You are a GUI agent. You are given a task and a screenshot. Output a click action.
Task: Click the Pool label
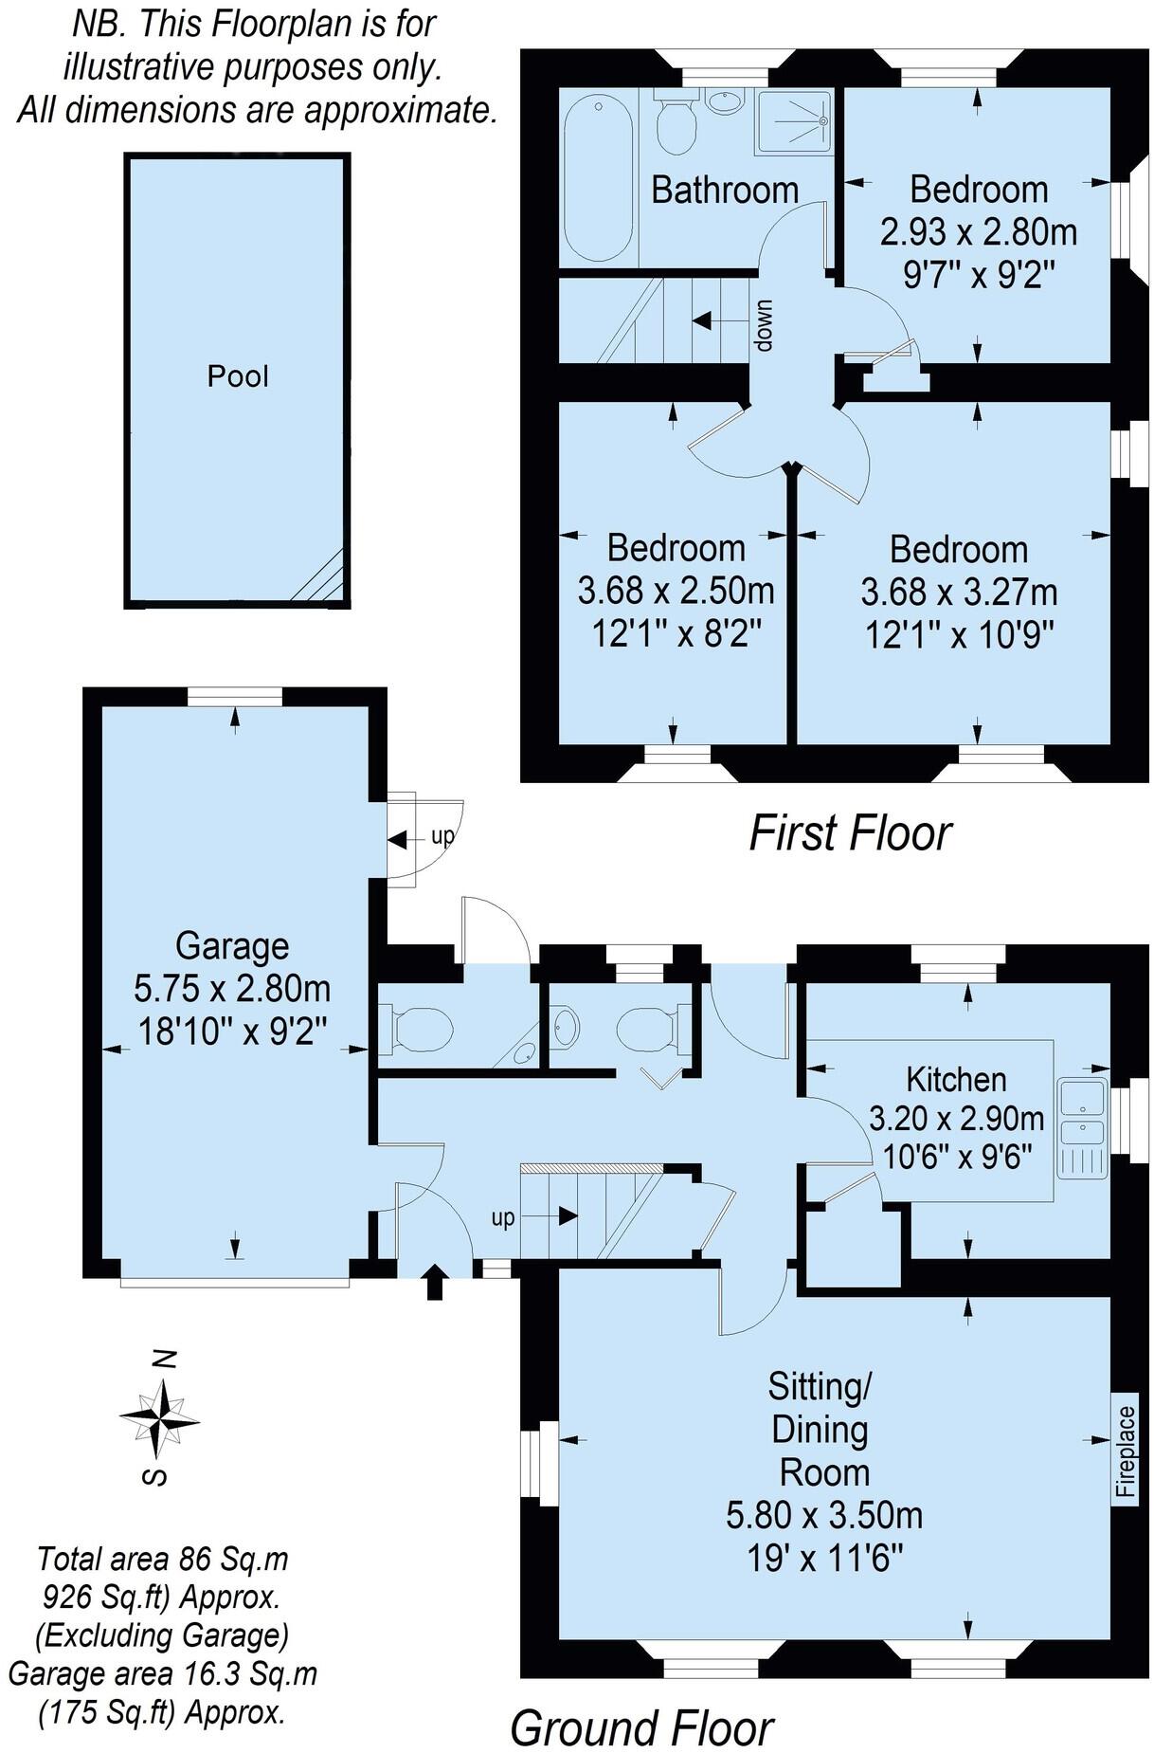[238, 376]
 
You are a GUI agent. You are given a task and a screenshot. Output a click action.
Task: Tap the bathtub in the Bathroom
[598, 179]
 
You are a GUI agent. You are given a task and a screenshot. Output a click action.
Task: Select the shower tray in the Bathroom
[793, 122]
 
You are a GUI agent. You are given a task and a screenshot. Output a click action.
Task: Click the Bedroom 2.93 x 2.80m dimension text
[978, 232]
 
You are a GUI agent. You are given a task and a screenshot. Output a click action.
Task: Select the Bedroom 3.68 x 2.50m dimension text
[676, 592]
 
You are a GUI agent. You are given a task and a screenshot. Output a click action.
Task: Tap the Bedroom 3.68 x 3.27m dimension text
[959, 593]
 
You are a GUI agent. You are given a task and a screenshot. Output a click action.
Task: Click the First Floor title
[850, 833]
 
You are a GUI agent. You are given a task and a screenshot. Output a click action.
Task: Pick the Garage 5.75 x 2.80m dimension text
[232, 989]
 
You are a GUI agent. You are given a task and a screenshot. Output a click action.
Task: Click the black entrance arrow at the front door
[435, 1282]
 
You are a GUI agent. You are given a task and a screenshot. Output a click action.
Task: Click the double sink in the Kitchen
[1082, 1115]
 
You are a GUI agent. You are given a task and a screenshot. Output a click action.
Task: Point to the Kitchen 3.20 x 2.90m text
[956, 1119]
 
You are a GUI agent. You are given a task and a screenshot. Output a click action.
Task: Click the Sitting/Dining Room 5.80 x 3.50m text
[823, 1514]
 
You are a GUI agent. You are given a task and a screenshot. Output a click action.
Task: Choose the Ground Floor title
[642, 1701]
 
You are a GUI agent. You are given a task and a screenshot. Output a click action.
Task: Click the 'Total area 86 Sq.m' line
[162, 1559]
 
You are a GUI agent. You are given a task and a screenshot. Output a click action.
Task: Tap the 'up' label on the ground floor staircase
[502, 1217]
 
